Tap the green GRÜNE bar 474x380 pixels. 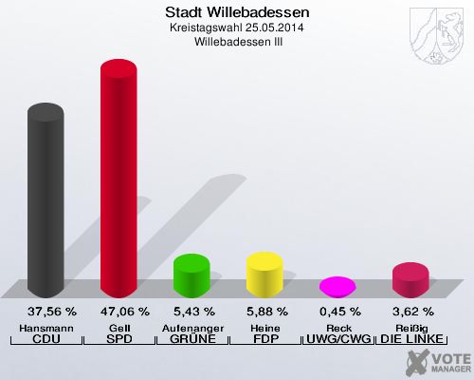coord(191,275)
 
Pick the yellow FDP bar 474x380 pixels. coord(264,274)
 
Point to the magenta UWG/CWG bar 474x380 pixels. coord(337,285)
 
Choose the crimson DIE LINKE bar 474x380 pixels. coord(410,280)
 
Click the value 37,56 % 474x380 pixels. coord(46,311)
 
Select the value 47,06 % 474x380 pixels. coord(118,311)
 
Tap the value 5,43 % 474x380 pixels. coord(191,311)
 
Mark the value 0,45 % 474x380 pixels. coord(338,311)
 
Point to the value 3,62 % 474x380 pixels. coord(412,311)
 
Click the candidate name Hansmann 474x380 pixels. coord(46,328)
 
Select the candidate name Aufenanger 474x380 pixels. coord(191,328)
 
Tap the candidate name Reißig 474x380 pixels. coord(412,328)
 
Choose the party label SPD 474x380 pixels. coord(118,339)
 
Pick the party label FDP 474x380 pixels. coord(264,339)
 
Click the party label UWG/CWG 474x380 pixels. coord(338,339)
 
